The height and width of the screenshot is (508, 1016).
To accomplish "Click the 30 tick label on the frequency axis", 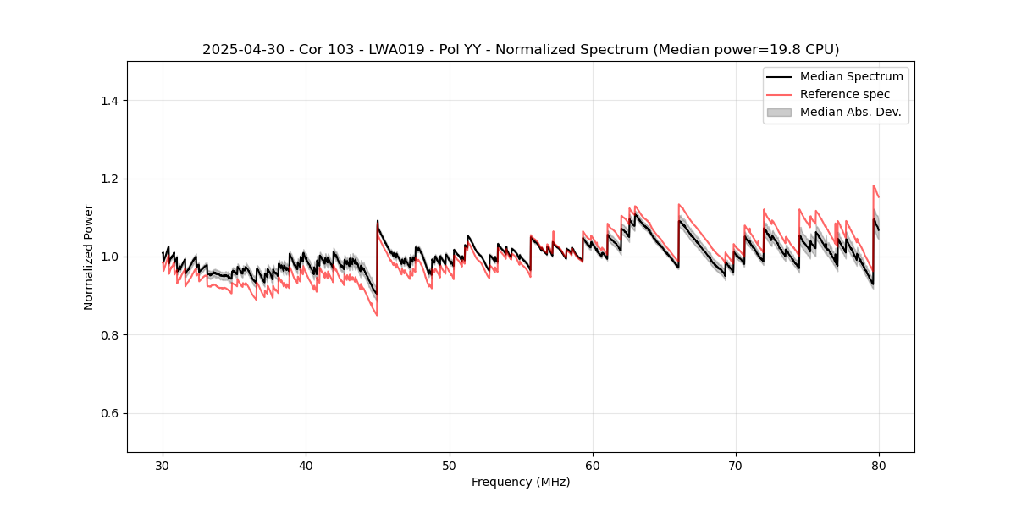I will coord(163,466).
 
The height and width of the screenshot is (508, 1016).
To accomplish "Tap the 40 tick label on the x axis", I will coord(306,466).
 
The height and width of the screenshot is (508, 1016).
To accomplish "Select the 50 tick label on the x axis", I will coord(450,466).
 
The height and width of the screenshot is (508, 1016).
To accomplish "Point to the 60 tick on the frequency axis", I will coord(593,466).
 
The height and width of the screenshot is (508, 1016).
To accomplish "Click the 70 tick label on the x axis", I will coord(736,466).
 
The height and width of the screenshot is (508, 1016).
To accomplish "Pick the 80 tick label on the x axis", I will coord(879,466).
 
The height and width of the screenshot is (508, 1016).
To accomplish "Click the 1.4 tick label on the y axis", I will coord(109,101).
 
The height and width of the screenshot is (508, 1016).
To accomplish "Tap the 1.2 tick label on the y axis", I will coord(109,179).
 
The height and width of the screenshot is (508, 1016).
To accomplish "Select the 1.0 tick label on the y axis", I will coord(109,257).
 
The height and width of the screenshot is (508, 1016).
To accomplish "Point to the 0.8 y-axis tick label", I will coord(109,335).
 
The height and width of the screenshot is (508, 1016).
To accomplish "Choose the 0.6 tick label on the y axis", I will coord(109,413).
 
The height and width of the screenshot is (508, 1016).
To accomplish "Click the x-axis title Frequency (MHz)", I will coord(521,483).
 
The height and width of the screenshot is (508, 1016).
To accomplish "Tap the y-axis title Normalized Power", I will coord(89,257).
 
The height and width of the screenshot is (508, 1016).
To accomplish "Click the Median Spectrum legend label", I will coord(851,76).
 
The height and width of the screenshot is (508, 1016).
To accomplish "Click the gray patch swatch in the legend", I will coord(779,112).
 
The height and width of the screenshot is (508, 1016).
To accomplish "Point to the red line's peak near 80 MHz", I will coord(874,185).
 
